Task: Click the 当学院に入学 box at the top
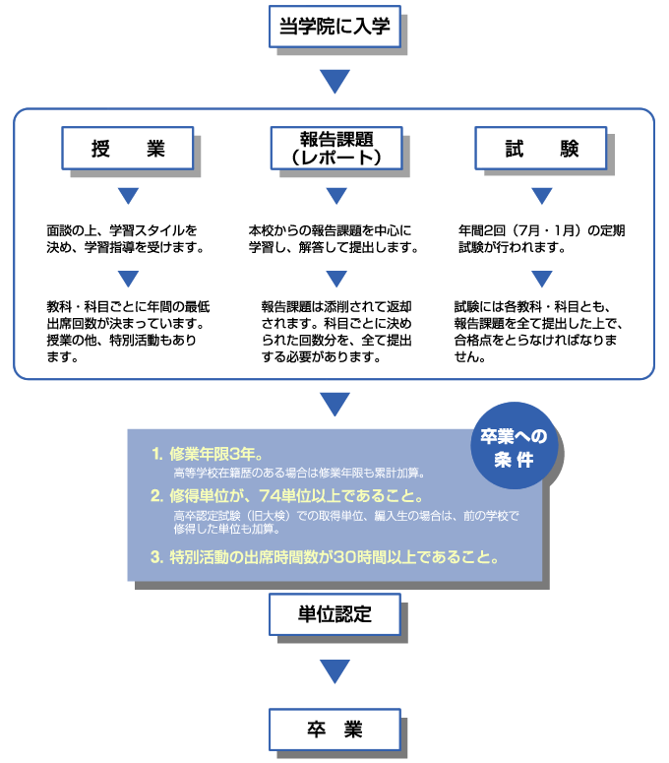(334, 27)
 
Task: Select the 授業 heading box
(128, 149)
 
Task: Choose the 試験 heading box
(542, 149)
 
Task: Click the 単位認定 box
(334, 615)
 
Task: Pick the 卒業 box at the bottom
(334, 730)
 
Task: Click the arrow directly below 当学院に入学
(334, 81)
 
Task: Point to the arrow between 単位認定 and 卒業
(334, 671)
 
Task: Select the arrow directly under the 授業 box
(128, 195)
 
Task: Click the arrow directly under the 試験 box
(542, 195)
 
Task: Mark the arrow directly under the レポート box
(334, 195)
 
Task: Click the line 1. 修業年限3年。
(206, 455)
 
